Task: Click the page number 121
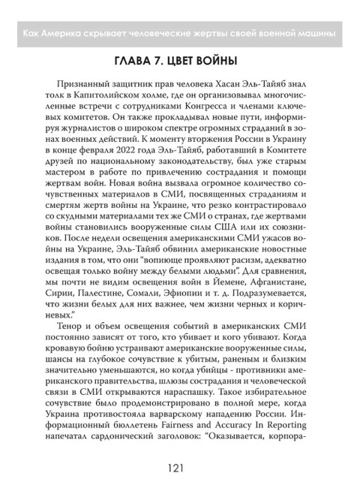(180, 469)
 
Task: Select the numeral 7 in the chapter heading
(163, 60)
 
